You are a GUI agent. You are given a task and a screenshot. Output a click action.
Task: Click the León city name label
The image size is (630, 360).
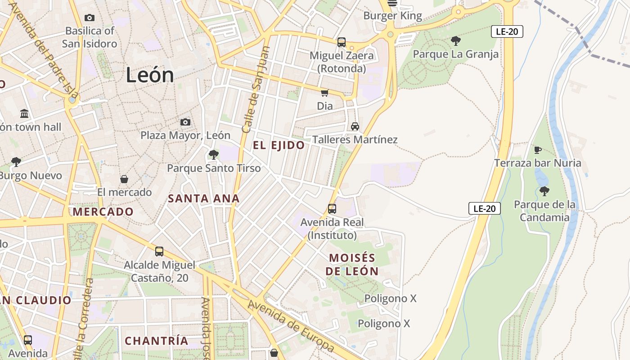pyautogui.click(x=150, y=75)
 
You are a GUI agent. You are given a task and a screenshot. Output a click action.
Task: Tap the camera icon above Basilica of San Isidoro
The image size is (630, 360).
pyautogui.click(x=90, y=18)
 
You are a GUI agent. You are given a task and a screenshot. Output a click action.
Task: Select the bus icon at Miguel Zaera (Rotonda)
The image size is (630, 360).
pyautogui.click(x=342, y=42)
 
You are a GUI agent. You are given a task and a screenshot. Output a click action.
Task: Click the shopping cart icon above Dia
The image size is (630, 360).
pyautogui.click(x=324, y=93)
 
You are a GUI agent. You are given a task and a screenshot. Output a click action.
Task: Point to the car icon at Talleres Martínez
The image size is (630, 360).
pyautogui.click(x=355, y=126)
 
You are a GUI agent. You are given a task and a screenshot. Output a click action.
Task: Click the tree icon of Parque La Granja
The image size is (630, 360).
pyautogui.click(x=455, y=41)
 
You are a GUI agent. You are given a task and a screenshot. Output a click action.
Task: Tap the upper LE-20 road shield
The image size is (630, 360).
pyautogui.click(x=507, y=31)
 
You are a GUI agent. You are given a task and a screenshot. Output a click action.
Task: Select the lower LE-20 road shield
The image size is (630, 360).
pyautogui.click(x=485, y=208)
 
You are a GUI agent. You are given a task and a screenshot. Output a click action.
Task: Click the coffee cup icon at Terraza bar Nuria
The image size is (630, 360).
pyautogui.click(x=537, y=150)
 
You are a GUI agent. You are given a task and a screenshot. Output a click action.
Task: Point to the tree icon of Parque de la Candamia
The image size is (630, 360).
pyautogui.click(x=544, y=191)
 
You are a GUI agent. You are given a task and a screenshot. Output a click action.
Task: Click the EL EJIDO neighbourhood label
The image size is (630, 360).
pyautogui.click(x=279, y=145)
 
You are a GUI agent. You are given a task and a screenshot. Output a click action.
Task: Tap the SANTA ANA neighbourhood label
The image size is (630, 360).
pyautogui.click(x=203, y=198)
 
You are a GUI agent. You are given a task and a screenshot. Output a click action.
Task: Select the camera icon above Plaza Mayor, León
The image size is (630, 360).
pyautogui.click(x=185, y=122)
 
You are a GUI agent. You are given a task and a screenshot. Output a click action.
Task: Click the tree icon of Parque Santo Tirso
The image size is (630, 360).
pyautogui.click(x=214, y=155)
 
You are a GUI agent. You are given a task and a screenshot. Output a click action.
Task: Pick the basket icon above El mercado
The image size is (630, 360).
pyautogui.click(x=124, y=179)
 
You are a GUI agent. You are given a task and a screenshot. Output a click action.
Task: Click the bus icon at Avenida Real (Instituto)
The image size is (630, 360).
pyautogui.click(x=332, y=209)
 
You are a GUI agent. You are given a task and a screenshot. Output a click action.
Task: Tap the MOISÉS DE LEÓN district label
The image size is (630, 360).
pyautogui.click(x=352, y=265)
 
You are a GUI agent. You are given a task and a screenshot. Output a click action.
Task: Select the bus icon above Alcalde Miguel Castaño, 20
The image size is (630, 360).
pyautogui.click(x=159, y=252)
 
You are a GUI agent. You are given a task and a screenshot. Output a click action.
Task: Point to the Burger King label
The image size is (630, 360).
pyautogui.click(x=393, y=16)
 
